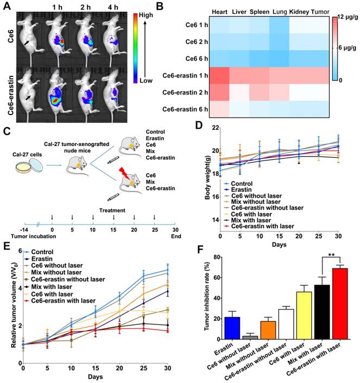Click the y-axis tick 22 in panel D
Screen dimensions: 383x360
pos(213,128)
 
